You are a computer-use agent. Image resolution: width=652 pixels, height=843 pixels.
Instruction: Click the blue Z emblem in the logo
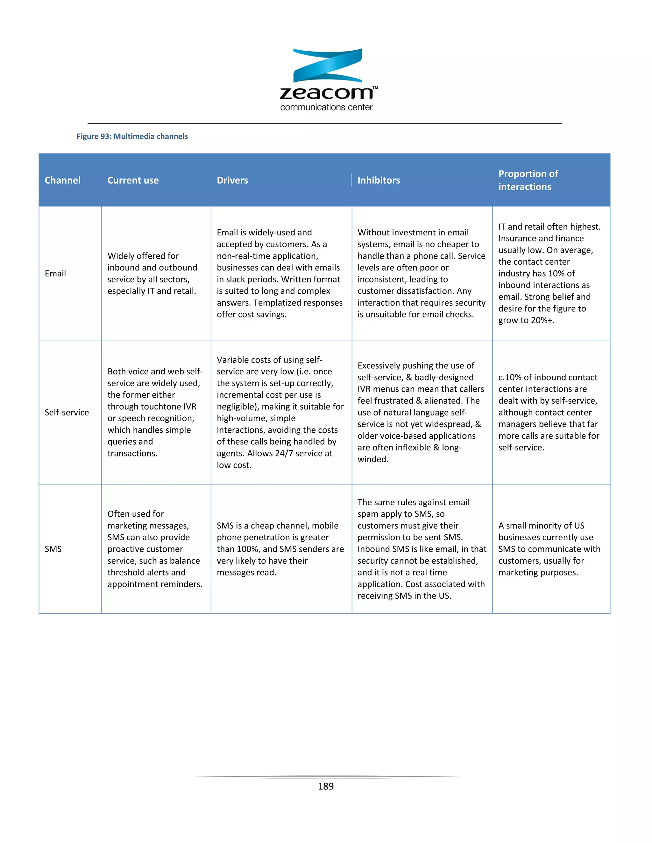[x=327, y=65]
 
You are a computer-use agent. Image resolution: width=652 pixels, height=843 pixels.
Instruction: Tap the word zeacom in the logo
[x=326, y=93]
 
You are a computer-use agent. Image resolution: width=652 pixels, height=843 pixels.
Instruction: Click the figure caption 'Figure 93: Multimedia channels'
[x=132, y=136]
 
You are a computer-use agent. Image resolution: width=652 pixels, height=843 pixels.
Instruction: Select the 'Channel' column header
[x=63, y=180]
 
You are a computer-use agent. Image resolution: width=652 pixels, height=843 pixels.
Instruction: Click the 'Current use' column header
[x=133, y=180]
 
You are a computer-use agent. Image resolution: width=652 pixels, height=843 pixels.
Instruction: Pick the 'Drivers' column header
[x=232, y=180]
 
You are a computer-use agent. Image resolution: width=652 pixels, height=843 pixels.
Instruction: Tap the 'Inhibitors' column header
[x=379, y=180]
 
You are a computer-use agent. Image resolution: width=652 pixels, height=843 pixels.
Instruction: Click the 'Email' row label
[x=55, y=273]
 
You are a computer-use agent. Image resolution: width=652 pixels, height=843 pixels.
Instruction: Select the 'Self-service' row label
[x=67, y=412]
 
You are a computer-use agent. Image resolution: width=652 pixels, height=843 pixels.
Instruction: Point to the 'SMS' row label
[x=53, y=549]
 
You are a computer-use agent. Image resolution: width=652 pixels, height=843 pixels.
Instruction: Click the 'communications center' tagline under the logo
[x=326, y=107]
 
